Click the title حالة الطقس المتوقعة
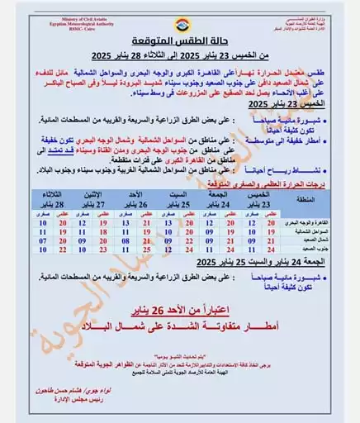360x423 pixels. point(181,40)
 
